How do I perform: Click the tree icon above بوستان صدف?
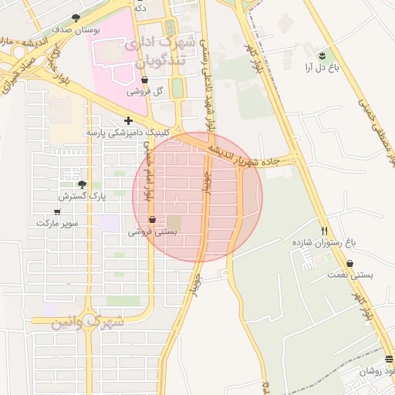[76, 18]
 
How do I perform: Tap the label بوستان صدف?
[73, 29]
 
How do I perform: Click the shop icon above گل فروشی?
[145, 79]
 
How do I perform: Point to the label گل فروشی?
[147, 91]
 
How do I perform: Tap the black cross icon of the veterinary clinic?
[128, 120]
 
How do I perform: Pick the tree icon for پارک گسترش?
[82, 184]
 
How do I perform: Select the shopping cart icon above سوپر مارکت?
[57, 211]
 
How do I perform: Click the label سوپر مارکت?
[56, 223]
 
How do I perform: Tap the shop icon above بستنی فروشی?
[151, 219]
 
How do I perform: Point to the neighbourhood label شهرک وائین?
[88, 321]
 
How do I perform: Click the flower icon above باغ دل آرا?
[322, 55]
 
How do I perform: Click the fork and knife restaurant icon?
[325, 230]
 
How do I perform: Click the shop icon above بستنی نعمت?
[349, 263]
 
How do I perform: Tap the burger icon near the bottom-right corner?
[389, 359]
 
